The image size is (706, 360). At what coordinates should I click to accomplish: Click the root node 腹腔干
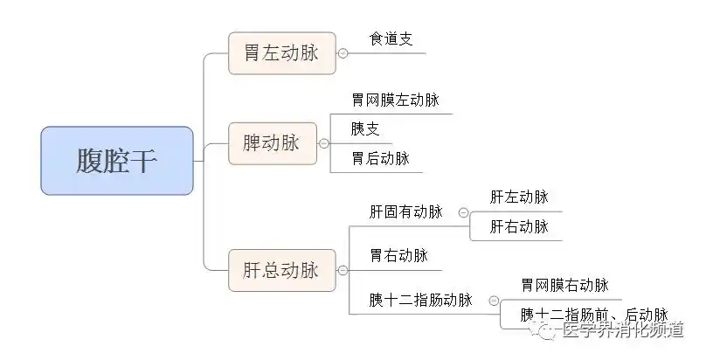117,160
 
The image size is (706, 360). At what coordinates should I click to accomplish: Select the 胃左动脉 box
282,52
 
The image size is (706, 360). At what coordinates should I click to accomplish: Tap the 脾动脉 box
273,142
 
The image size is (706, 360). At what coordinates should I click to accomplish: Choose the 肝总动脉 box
282,270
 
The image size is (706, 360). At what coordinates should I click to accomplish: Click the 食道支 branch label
391,39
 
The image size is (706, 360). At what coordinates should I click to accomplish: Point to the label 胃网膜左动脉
395,100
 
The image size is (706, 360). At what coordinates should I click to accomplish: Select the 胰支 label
365,129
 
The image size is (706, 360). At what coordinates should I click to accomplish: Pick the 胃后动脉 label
380,158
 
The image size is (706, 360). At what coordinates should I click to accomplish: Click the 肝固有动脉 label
405,211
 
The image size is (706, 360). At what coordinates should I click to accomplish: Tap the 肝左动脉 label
519,197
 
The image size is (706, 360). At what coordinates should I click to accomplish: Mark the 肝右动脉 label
519,226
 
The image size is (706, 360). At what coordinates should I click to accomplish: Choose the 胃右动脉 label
398,256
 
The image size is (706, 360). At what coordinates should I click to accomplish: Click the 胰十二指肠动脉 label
420,300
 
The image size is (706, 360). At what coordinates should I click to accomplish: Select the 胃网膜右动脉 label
564,286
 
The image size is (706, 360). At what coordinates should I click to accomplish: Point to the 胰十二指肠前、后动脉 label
594,315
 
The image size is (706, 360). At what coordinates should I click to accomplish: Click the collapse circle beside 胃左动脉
343,53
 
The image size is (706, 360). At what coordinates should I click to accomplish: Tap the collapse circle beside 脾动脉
323,143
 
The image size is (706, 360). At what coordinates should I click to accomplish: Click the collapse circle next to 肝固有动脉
463,212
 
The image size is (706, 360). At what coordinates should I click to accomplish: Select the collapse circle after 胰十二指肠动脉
494,301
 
